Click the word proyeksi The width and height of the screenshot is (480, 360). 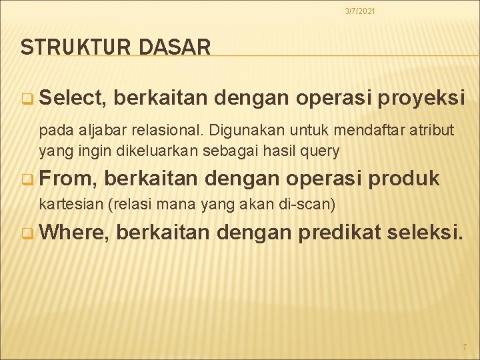point(421,99)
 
